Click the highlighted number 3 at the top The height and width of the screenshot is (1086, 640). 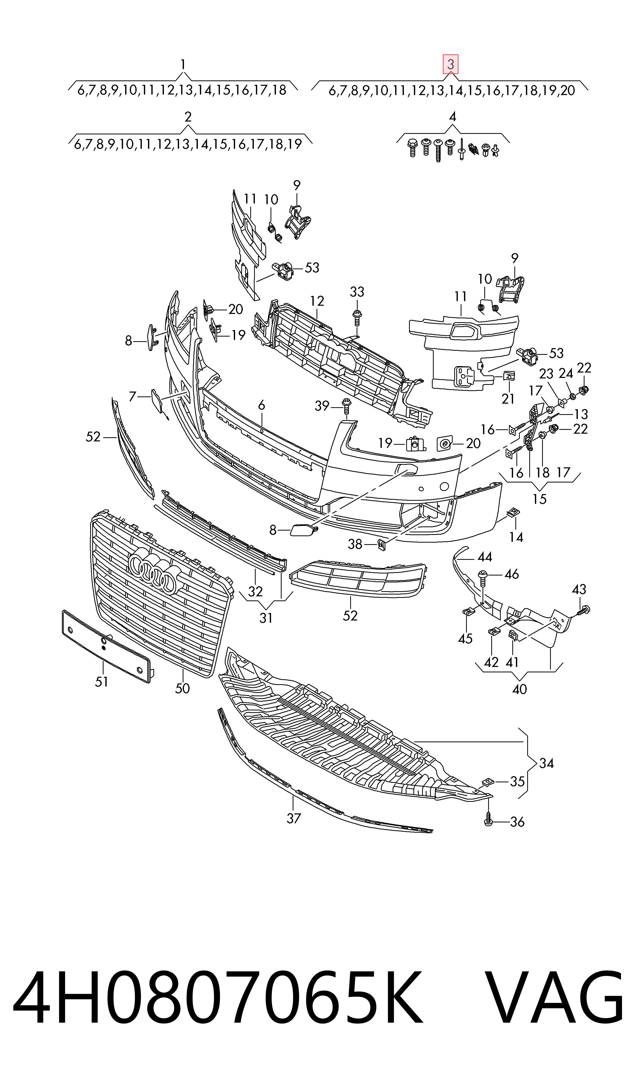pyautogui.click(x=451, y=65)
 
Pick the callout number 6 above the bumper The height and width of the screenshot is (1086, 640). pyautogui.click(x=261, y=406)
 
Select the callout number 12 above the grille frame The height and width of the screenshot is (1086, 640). pyautogui.click(x=317, y=301)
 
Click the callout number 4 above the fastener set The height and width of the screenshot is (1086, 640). pyautogui.click(x=452, y=117)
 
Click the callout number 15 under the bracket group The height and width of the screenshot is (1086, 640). pyautogui.click(x=540, y=499)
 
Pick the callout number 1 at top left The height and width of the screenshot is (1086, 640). pyautogui.click(x=183, y=65)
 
